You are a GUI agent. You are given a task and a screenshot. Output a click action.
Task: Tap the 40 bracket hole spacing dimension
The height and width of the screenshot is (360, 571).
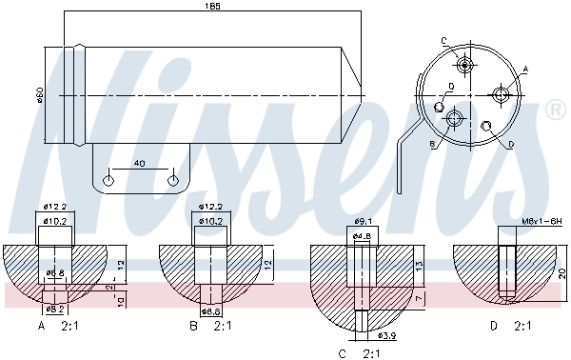140,164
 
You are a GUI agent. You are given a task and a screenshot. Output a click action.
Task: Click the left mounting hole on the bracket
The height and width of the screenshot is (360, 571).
108,179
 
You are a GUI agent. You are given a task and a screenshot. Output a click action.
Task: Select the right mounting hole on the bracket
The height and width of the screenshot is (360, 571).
172,179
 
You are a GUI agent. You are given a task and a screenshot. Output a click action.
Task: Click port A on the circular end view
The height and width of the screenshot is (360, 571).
501,93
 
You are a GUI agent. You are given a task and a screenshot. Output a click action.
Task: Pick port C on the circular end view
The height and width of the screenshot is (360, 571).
464,65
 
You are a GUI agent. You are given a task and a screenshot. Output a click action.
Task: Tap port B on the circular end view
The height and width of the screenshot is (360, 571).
454,118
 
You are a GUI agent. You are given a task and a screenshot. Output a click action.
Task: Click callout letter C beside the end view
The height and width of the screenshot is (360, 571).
444,39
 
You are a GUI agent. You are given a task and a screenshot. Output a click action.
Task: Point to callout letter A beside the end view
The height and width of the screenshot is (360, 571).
524,70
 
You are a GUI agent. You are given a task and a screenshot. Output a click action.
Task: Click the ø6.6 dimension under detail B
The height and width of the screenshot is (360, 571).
210,310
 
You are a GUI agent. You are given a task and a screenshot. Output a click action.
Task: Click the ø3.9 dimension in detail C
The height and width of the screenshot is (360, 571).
385,335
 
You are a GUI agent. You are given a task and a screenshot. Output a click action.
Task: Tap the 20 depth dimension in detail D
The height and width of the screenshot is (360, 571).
562,272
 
